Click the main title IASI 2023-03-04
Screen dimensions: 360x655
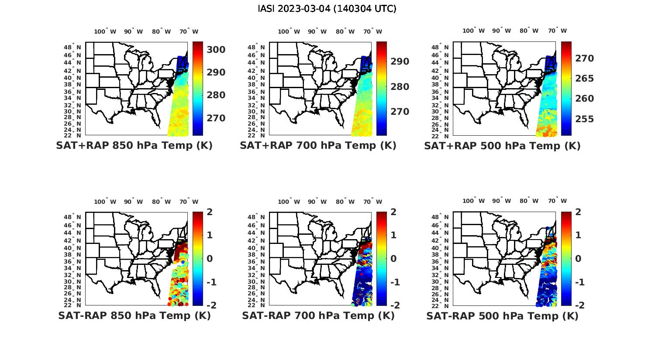pos(327,9)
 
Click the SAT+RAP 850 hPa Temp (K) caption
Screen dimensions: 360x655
pos(134,145)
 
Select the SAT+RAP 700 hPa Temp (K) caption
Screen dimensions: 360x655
pos(318,145)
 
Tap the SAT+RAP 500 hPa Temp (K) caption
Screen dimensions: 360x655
pos(502,146)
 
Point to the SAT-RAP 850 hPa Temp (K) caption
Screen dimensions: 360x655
pos(134,315)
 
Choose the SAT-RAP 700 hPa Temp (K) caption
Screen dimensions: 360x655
pos(318,315)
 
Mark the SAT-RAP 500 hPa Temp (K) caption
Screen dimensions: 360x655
pos(502,316)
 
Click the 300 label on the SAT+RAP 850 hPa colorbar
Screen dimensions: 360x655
pos(216,50)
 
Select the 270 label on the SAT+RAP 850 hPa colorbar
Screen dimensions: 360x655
pos(216,118)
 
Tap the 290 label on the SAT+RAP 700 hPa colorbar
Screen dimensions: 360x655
pos(400,62)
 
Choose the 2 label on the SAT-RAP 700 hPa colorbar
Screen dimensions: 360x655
pos(393,212)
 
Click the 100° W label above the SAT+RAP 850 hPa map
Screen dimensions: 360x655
pos(105,31)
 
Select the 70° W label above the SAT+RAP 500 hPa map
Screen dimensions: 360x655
pos(557,31)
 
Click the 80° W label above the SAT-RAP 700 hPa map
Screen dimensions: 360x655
pos(345,202)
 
